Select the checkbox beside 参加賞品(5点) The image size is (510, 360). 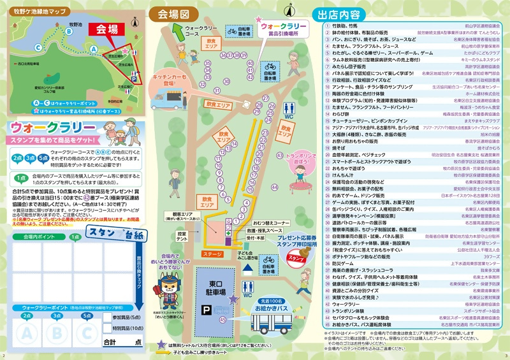(x=106, y=317)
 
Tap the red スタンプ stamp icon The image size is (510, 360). (x=297, y=257)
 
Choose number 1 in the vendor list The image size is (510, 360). (x=323, y=25)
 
